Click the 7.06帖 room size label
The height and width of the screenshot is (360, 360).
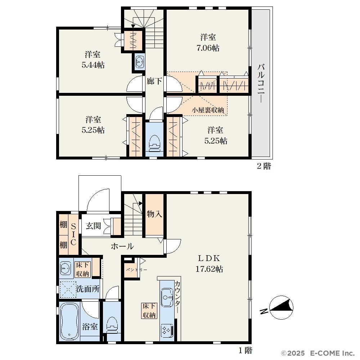[208, 48]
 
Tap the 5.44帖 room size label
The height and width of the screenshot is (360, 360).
[93, 65]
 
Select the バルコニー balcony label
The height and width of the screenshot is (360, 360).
[261, 84]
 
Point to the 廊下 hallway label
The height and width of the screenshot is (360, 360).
[154, 81]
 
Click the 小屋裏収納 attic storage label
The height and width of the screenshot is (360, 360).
[208, 110]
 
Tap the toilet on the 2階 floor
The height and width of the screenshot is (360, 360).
[154, 143]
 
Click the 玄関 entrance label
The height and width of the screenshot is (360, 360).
[93, 226]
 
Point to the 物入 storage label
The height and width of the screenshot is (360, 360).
[154, 214]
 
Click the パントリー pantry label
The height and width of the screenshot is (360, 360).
[136, 270]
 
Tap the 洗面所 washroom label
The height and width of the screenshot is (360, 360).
[88, 289]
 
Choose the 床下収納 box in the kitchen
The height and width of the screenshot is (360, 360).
[149, 311]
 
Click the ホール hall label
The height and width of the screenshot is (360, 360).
[122, 246]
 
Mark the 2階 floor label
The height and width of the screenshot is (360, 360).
[264, 166]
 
